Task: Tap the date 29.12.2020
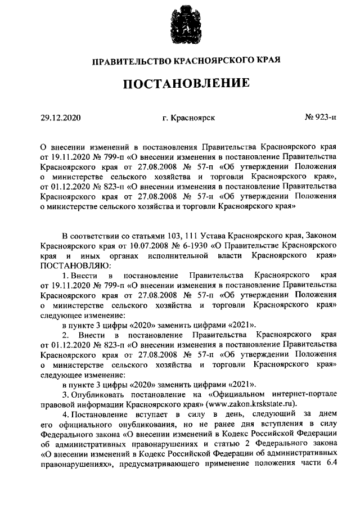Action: coord(61,118)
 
